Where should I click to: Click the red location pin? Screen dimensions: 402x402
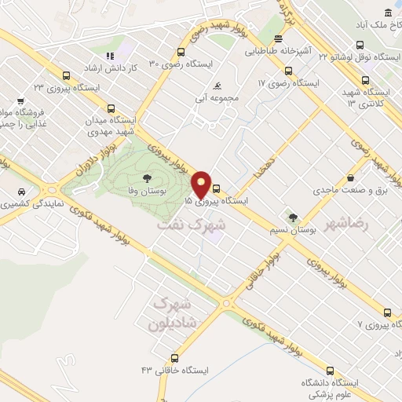click(x=202, y=185)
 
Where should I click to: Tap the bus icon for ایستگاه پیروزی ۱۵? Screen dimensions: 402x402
click(x=216, y=188)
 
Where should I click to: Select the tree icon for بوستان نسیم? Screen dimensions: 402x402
click(x=293, y=217)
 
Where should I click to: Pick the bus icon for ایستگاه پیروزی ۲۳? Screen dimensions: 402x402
click(x=66, y=76)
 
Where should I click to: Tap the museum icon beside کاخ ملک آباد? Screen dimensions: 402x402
click(x=388, y=13)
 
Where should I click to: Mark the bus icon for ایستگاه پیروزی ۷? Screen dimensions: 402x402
click(x=386, y=312)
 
